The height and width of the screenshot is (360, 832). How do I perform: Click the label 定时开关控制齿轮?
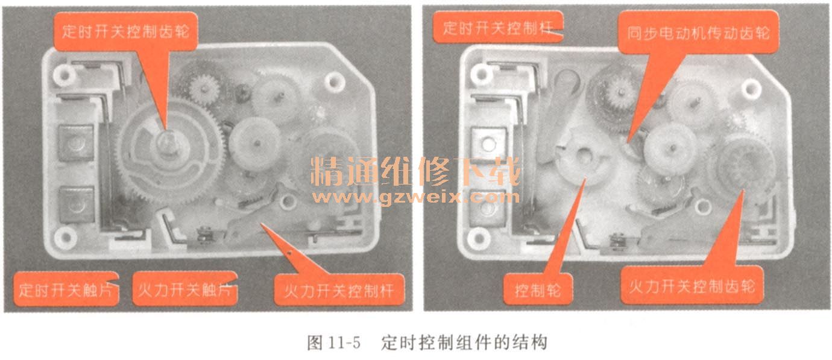(125, 31)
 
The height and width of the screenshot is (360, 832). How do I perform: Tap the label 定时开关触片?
(65, 289)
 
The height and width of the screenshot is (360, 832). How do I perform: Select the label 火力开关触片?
(184, 289)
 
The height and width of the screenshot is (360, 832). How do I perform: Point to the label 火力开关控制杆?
(338, 291)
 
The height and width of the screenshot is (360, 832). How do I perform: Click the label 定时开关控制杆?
(498, 28)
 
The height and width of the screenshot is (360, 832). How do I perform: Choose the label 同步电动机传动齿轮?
(698, 33)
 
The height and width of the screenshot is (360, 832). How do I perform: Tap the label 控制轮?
(537, 290)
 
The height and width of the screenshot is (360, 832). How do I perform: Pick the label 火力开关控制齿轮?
(692, 286)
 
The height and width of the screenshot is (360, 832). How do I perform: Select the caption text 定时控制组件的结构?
(464, 343)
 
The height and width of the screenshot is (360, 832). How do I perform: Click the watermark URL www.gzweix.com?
(416, 197)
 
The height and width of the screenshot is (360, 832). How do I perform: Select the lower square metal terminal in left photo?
(76, 204)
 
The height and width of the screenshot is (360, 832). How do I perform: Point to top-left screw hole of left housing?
(65, 75)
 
